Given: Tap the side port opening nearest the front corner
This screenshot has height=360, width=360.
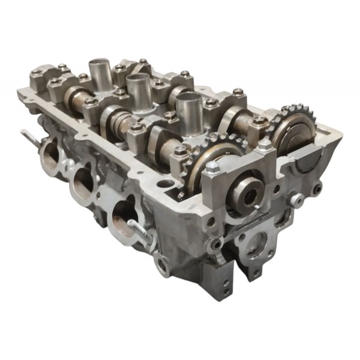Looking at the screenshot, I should tap(124, 217).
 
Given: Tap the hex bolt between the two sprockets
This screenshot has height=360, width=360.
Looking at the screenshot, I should tap(264, 145).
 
